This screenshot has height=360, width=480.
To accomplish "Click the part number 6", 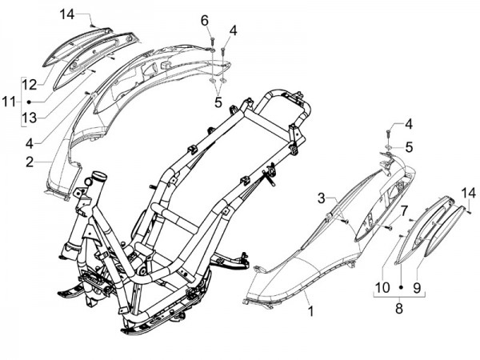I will (204, 19).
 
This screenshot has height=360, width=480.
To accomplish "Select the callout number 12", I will (29, 83).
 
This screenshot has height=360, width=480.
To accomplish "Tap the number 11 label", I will (9, 102).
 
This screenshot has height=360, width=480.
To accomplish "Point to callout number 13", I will (29, 118).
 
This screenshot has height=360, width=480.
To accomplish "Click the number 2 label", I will (29, 162).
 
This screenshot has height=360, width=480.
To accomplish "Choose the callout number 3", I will (320, 197).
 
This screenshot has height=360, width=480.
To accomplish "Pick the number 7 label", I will (404, 210).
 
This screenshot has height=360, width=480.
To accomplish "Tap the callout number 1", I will (310, 309).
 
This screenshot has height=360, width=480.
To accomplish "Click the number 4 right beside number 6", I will (233, 31).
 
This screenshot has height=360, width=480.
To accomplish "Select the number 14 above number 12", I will (66, 14).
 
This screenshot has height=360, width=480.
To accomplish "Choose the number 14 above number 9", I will (469, 192).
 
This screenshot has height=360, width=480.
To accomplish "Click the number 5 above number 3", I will (409, 147).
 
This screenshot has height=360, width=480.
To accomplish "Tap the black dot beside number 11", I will (29, 102).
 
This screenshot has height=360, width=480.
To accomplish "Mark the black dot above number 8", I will (398, 295).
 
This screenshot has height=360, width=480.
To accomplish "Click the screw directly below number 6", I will (211, 38).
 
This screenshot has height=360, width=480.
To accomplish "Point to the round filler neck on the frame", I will (99, 175).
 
